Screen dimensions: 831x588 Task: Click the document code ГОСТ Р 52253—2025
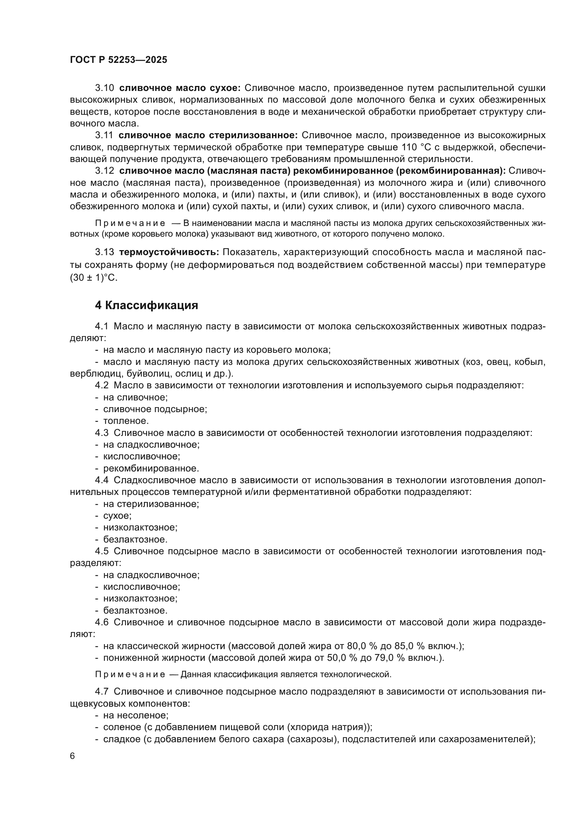tap(118, 60)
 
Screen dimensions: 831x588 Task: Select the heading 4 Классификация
tap(146, 306)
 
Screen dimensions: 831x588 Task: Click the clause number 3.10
tap(104, 88)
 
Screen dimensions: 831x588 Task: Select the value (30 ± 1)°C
tap(94, 278)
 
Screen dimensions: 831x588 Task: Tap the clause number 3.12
tap(104, 171)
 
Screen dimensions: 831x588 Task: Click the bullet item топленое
tap(125, 421)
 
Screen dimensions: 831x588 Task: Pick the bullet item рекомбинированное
tap(151, 468)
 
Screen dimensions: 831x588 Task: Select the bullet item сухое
tap(117, 516)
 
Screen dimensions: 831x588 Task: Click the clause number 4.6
tap(102, 622)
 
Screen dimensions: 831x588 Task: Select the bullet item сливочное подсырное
tap(155, 409)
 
